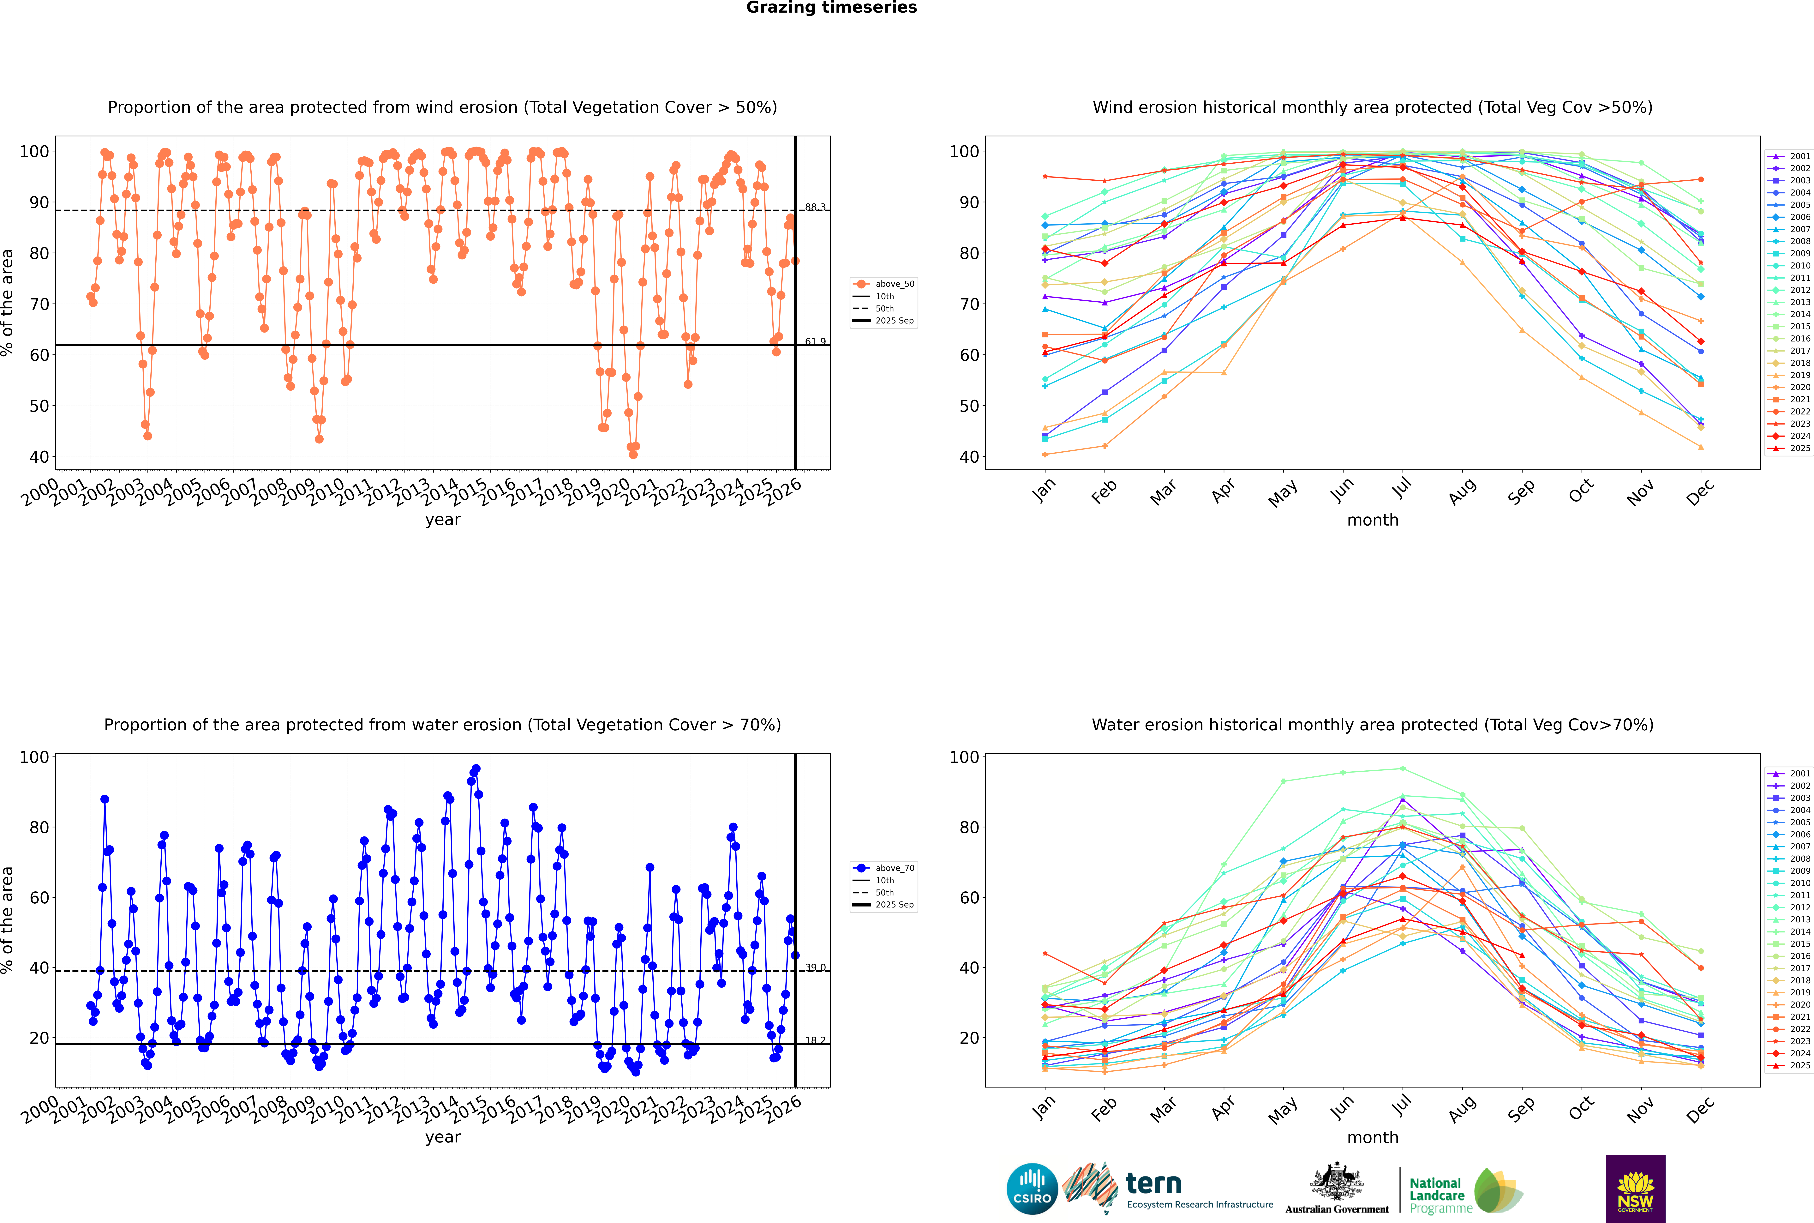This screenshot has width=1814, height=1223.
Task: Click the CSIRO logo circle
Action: pyautogui.click(x=1032, y=1189)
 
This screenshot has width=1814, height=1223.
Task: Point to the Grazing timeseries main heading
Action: pyautogui.click(x=831, y=8)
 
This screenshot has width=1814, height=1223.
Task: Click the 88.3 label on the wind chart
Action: pyautogui.click(x=815, y=208)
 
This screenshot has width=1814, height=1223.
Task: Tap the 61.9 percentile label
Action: pyautogui.click(x=815, y=342)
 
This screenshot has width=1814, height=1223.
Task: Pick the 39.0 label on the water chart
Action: pyautogui.click(x=815, y=967)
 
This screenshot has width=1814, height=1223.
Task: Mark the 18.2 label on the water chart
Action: pyautogui.click(x=815, y=1040)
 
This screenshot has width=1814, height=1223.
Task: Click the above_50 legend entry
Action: pyautogui.click(x=894, y=284)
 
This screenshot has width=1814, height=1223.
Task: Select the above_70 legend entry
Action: pyautogui.click(x=894, y=868)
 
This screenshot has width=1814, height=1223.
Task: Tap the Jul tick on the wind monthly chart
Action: pyautogui.click(x=1401, y=488)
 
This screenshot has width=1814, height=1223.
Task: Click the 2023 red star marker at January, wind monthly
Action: pyautogui.click(x=1045, y=177)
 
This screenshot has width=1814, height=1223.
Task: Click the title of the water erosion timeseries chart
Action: pyautogui.click(x=442, y=725)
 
